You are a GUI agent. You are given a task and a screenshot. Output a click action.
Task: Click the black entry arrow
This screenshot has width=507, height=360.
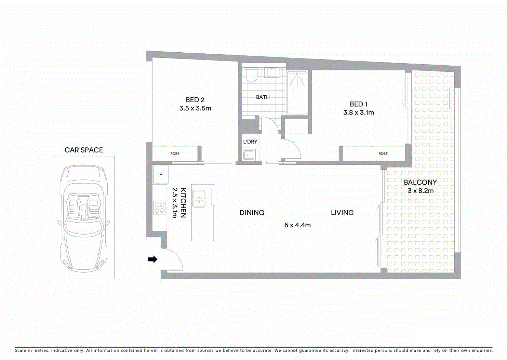tap(152, 259)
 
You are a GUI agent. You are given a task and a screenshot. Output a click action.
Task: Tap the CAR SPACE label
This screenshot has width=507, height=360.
tap(84, 150)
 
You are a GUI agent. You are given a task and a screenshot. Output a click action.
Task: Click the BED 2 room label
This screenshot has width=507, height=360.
tap(195, 100)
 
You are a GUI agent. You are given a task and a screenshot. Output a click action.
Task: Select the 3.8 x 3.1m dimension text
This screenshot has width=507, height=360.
tap(358, 112)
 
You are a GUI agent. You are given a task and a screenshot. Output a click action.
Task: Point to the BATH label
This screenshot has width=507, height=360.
tap(263, 97)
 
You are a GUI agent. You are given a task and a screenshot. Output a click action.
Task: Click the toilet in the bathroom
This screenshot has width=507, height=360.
tap(252, 76)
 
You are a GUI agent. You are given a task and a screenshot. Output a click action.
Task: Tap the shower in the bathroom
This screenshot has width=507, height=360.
tap(297, 92)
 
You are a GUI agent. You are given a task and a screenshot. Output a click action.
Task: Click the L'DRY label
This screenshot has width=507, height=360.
tap(250, 142)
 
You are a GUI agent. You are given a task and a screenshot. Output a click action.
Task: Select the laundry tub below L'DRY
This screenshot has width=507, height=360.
tap(248, 155)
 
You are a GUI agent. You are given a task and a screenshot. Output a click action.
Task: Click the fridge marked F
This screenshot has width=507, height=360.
tap(160, 175)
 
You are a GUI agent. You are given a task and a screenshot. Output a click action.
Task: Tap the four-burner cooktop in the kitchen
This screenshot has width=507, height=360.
tap(160, 208)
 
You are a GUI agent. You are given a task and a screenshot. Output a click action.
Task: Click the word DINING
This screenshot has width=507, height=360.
tap(252, 213)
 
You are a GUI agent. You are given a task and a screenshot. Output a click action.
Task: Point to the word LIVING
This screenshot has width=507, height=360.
tap(342, 213)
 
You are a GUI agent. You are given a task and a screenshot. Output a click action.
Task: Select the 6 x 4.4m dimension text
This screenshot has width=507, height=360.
tap(297, 225)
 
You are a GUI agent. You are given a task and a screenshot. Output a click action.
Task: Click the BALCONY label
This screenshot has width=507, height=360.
tap(420, 183)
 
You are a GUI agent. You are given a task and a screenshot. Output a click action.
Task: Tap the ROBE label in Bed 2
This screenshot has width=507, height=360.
tap(175, 154)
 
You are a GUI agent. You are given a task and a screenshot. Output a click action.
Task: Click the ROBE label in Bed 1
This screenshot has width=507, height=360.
tap(383, 154)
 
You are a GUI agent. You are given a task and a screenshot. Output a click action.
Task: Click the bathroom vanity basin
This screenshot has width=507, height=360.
tap(272, 72)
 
